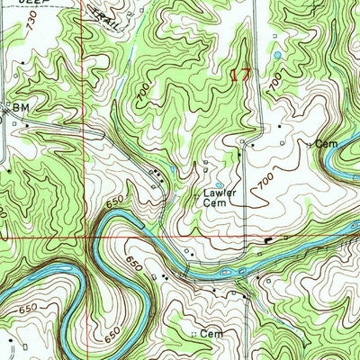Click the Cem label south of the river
(211, 334)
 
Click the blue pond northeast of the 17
(277, 56)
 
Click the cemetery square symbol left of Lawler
(197, 193)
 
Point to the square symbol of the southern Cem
(195, 334)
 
